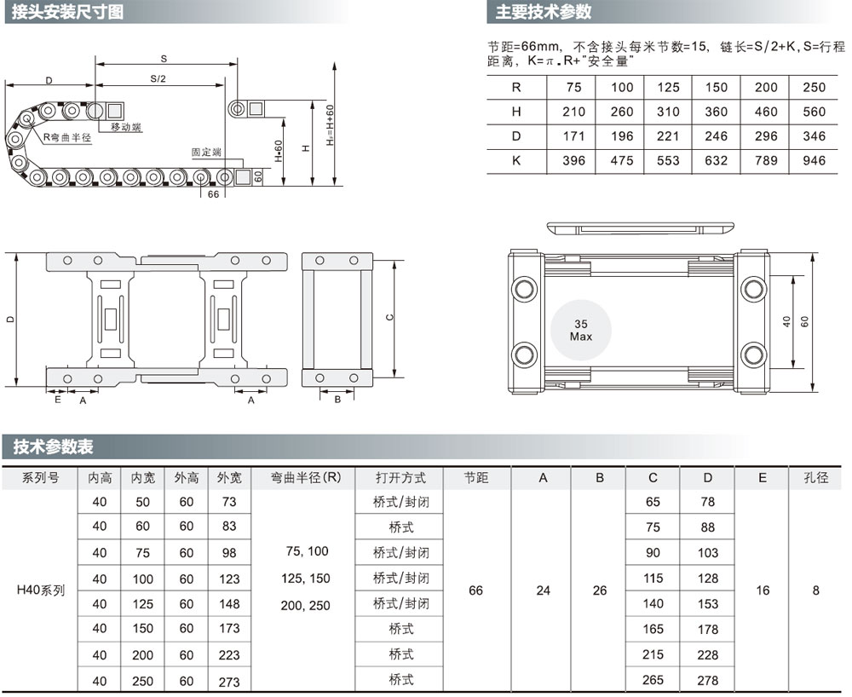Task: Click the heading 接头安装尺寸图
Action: (x=67, y=12)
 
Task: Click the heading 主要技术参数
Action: (x=543, y=12)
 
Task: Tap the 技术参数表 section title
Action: (x=53, y=446)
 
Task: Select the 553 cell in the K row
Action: (x=668, y=161)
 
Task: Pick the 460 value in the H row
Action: (x=766, y=112)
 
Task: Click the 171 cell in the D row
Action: (x=573, y=136)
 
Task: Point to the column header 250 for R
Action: (x=814, y=88)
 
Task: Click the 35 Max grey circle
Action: (x=581, y=331)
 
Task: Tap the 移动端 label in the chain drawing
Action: (x=126, y=127)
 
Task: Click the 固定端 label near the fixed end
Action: (x=206, y=153)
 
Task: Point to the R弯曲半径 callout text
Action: (x=67, y=137)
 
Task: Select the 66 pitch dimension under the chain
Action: (x=213, y=194)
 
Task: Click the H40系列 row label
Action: (x=40, y=590)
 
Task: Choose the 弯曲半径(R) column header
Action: (x=306, y=477)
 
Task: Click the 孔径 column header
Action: (x=815, y=477)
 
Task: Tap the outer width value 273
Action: (x=228, y=682)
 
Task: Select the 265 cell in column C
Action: (x=653, y=680)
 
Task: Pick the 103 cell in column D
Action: (x=707, y=552)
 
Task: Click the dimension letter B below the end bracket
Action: (x=337, y=400)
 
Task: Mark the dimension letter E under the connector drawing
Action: (x=58, y=400)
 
